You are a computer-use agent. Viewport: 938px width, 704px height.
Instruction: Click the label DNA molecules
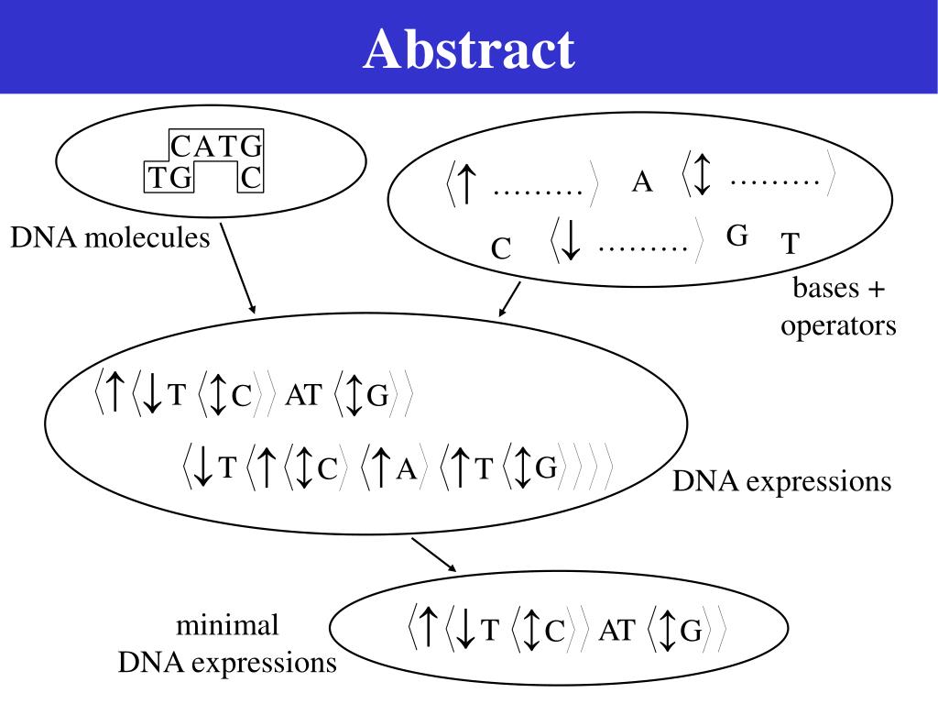(x=110, y=238)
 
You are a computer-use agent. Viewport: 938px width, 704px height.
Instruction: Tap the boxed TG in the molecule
(x=170, y=178)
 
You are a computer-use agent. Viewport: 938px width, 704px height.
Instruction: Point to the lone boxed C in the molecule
(x=251, y=178)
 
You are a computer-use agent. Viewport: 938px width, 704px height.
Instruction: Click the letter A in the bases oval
(x=642, y=183)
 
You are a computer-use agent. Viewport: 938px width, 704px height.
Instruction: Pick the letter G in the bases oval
(x=737, y=236)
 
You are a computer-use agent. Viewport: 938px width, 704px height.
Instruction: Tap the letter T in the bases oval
(x=790, y=245)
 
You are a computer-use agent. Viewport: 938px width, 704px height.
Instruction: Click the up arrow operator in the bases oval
(x=465, y=183)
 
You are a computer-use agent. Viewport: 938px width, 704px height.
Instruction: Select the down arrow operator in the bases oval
(x=571, y=242)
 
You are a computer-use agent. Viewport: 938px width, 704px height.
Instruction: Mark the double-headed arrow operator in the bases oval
(x=702, y=174)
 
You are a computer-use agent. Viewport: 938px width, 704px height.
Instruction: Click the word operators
(x=838, y=325)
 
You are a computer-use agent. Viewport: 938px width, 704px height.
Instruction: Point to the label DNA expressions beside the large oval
(x=781, y=481)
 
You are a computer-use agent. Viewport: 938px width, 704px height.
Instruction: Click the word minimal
(x=227, y=626)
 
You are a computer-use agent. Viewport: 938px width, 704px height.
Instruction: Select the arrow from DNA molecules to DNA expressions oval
(x=238, y=270)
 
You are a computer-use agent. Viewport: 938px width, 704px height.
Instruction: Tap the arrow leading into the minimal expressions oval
(x=434, y=555)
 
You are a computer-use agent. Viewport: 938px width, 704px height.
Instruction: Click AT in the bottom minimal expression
(x=616, y=631)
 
